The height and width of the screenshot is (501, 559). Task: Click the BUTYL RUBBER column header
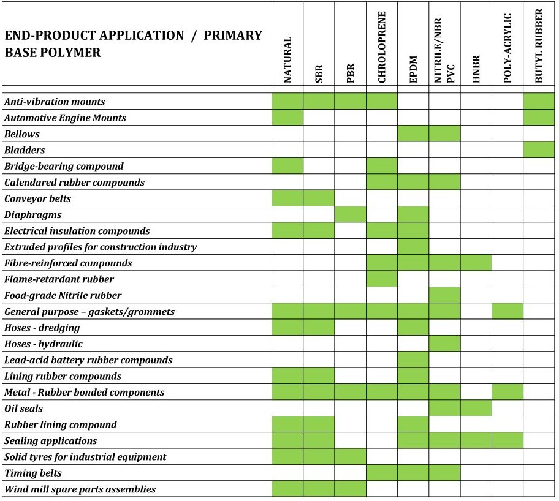539,46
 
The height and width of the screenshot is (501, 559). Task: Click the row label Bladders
25,150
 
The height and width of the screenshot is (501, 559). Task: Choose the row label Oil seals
23,409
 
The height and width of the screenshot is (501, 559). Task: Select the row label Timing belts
33,473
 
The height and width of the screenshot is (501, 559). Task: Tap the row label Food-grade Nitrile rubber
63,295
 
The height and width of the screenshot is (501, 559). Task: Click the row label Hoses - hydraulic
44,344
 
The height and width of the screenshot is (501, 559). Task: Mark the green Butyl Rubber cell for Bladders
539,150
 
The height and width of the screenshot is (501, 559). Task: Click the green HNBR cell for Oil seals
476,409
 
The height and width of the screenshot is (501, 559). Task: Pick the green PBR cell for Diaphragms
351,214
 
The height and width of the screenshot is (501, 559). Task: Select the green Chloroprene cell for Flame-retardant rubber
382,279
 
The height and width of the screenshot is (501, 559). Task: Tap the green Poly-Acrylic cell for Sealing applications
508,440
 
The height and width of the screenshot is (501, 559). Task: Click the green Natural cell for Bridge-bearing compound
287,166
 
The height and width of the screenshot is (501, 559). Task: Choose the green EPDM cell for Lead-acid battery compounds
413,360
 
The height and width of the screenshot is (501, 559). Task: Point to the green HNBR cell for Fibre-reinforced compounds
476,263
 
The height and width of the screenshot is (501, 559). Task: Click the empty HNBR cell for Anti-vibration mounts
476,101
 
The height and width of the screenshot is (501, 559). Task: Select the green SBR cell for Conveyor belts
319,198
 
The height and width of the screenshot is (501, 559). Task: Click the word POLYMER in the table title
75,53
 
